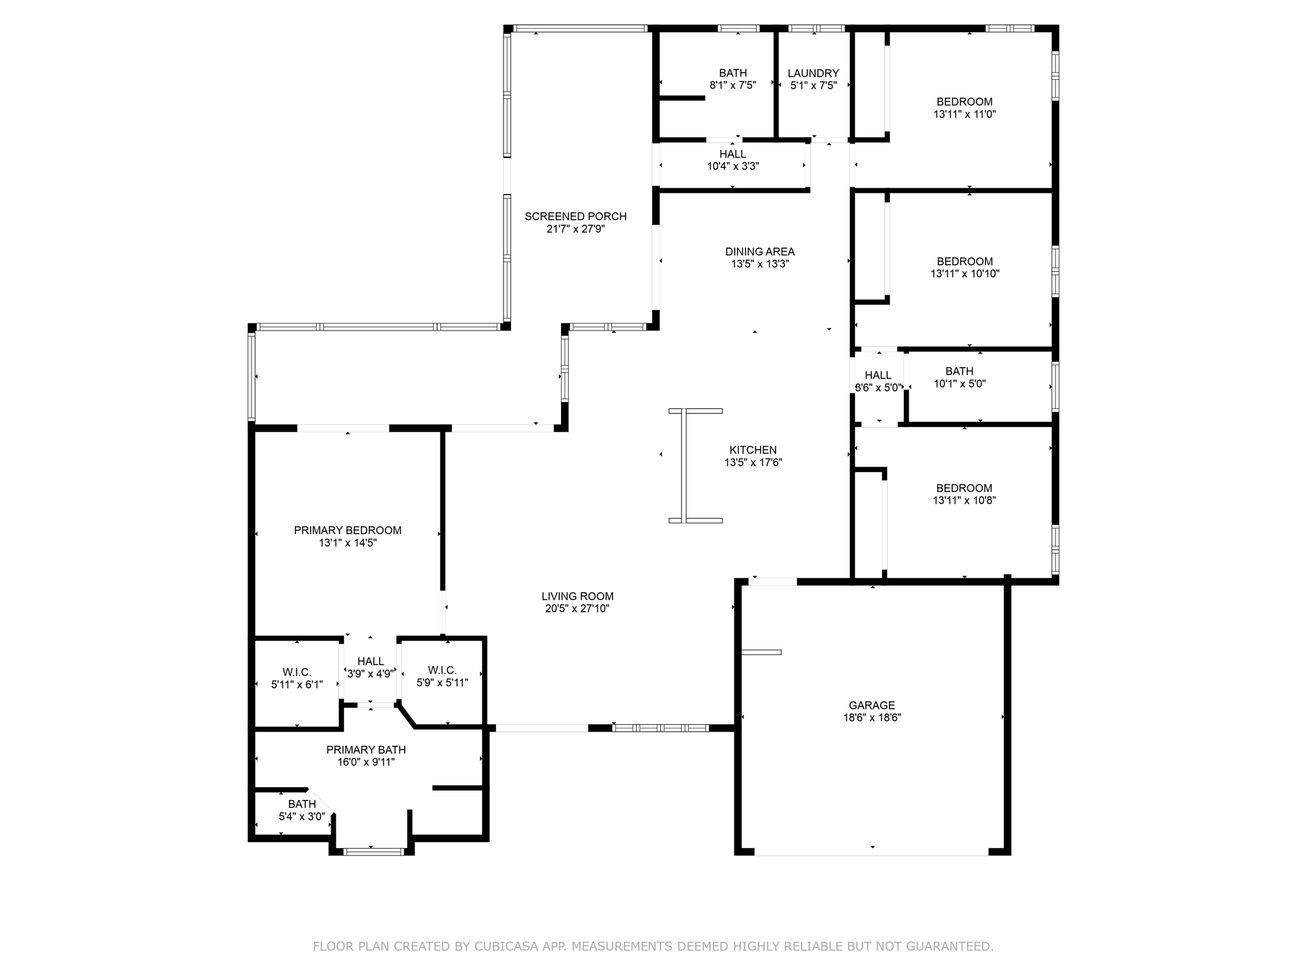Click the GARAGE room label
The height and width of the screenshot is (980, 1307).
click(x=871, y=705)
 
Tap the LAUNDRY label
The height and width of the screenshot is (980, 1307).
click(x=813, y=73)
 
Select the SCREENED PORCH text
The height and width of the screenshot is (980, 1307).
click(x=575, y=216)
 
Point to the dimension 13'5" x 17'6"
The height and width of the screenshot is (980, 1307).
click(x=753, y=463)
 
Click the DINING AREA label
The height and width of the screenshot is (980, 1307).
click(x=759, y=251)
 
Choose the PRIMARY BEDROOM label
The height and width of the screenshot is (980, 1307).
click(x=347, y=530)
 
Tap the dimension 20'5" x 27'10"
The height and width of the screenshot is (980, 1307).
click(x=577, y=609)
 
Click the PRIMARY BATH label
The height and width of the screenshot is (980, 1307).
click(x=366, y=750)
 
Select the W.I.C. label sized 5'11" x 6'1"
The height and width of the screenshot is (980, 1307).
click(x=297, y=672)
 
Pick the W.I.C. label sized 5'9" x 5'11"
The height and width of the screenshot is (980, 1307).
click(x=442, y=670)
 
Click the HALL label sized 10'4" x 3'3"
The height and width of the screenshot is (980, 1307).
click(x=732, y=154)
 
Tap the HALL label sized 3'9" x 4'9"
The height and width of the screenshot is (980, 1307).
click(x=370, y=662)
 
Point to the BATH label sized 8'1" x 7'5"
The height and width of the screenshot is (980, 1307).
click(x=732, y=73)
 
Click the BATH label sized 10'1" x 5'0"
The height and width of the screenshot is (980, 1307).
click(x=959, y=371)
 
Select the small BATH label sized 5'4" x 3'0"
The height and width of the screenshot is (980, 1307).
click(x=301, y=804)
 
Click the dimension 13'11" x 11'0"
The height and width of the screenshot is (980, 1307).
click(x=964, y=114)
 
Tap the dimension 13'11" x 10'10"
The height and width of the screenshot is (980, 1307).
click(x=964, y=274)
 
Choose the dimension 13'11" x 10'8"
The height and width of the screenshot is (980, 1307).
click(x=964, y=501)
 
